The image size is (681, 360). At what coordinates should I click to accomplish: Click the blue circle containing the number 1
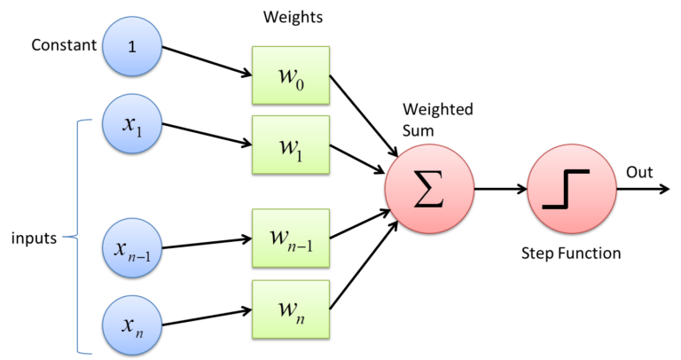pyautogui.click(x=132, y=46)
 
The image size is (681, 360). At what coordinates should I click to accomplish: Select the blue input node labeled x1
pyautogui.click(x=132, y=124)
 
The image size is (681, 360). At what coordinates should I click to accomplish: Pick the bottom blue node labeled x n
pyautogui.click(x=132, y=324)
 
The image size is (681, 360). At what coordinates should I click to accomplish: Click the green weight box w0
pyautogui.click(x=291, y=75)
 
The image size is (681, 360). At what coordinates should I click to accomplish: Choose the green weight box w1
pyautogui.click(x=291, y=144)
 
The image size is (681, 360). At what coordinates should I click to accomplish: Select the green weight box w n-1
pyautogui.click(x=291, y=238)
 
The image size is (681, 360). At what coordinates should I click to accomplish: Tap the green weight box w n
pyautogui.click(x=291, y=309)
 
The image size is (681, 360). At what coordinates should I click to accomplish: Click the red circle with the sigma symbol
pyautogui.click(x=429, y=190)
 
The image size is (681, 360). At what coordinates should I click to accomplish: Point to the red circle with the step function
pyautogui.click(x=571, y=190)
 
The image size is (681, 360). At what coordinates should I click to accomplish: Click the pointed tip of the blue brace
pyautogui.click(x=63, y=237)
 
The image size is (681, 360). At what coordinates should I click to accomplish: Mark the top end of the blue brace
pyautogui.click(x=91, y=121)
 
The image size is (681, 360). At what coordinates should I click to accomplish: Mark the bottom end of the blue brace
pyautogui.click(x=91, y=353)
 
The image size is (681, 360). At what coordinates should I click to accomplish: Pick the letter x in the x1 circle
pyautogui.click(x=129, y=123)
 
